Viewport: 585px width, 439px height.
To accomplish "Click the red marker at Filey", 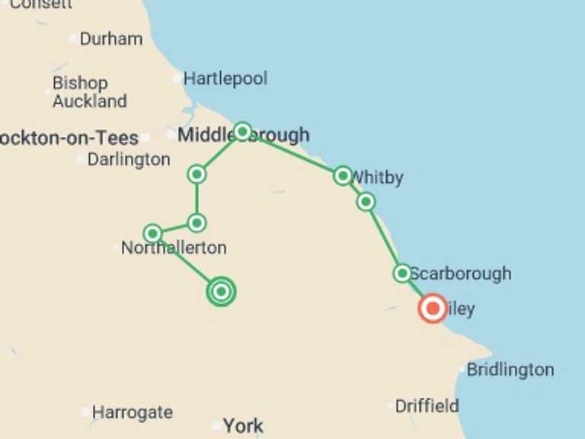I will (x=433, y=309).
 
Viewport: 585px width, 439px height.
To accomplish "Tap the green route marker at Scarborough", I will (x=402, y=273).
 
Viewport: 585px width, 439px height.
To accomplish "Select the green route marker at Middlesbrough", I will (x=242, y=131).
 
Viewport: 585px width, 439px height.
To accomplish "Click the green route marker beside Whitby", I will (x=343, y=176).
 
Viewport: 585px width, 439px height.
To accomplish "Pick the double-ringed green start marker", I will (x=221, y=291).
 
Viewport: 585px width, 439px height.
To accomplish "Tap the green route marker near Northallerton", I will (x=152, y=233).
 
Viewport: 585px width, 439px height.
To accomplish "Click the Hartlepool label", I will (x=225, y=79).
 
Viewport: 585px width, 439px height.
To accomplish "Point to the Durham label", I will (x=110, y=39).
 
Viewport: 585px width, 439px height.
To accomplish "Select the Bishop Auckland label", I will (x=89, y=92).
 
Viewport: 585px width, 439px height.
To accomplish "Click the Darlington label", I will (x=129, y=159).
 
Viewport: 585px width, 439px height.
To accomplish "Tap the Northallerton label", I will (x=174, y=248).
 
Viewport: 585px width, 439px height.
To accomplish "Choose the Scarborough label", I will (x=460, y=274).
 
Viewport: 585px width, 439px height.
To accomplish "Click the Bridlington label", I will (x=510, y=370).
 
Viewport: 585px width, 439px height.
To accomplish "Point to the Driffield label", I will (x=427, y=405).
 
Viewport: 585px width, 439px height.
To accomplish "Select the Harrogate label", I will (x=132, y=412).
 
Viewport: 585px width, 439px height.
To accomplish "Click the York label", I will (x=243, y=426).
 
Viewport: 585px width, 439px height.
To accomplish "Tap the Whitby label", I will (x=378, y=178).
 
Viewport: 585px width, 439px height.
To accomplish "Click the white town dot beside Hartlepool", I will (x=177, y=78).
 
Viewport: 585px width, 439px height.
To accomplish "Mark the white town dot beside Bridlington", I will (x=462, y=370).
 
